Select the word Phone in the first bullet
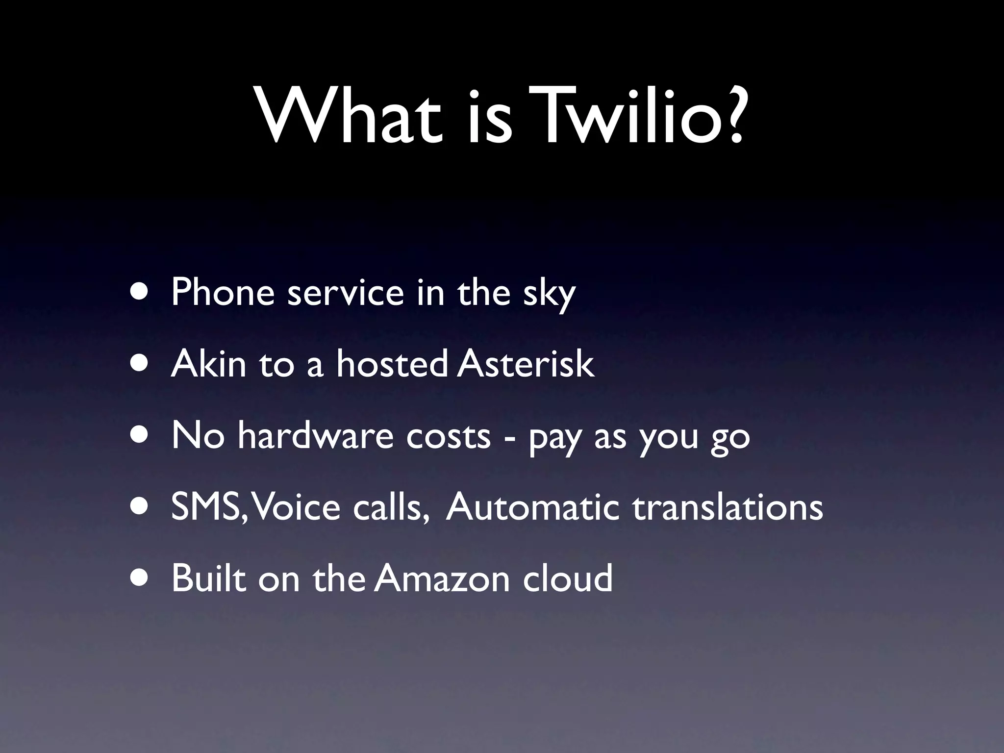tap(223, 293)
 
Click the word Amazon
tap(442, 578)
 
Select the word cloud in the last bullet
tap(568, 578)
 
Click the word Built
tap(208, 578)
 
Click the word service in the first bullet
tap(346, 293)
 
